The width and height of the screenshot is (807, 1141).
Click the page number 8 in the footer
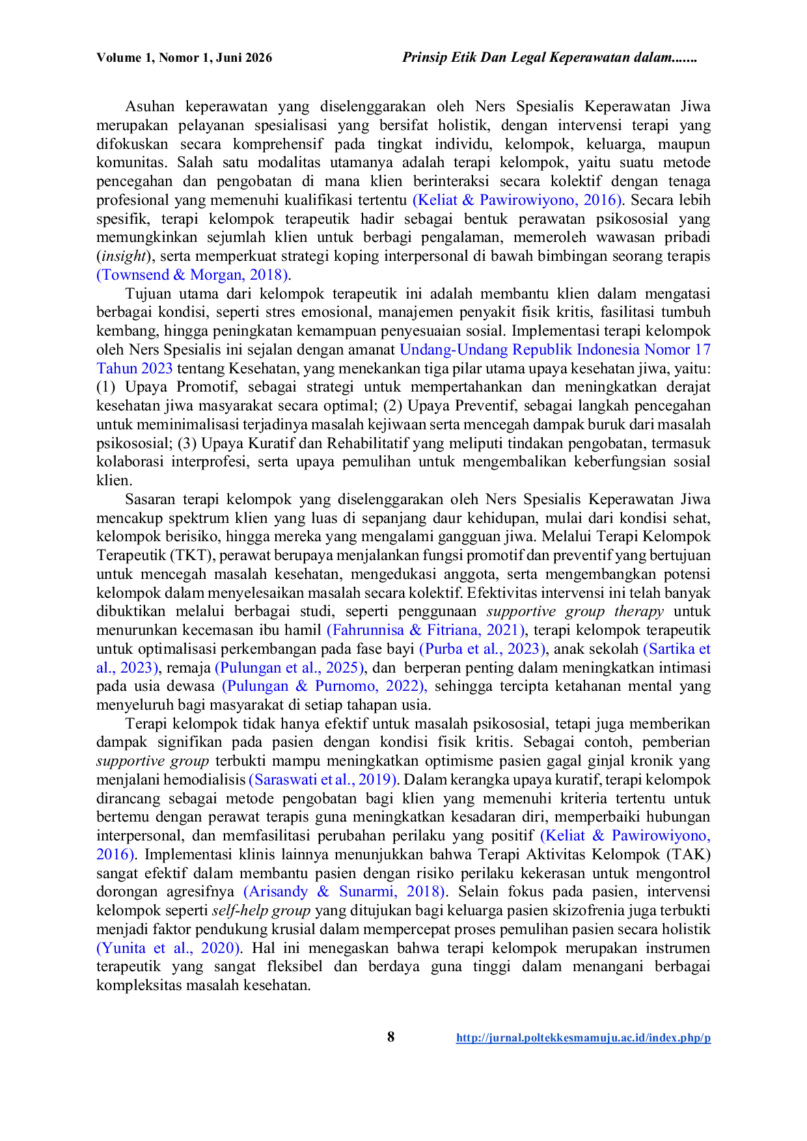390,1037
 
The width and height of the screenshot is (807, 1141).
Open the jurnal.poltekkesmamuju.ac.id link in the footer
583,1038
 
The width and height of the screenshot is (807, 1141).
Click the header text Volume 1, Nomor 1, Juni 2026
184,58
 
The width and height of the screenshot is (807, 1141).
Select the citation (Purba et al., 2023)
483,649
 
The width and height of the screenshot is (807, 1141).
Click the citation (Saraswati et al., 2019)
323,780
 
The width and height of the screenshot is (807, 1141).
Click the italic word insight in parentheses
124,256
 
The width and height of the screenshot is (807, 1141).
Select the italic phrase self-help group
262,911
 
